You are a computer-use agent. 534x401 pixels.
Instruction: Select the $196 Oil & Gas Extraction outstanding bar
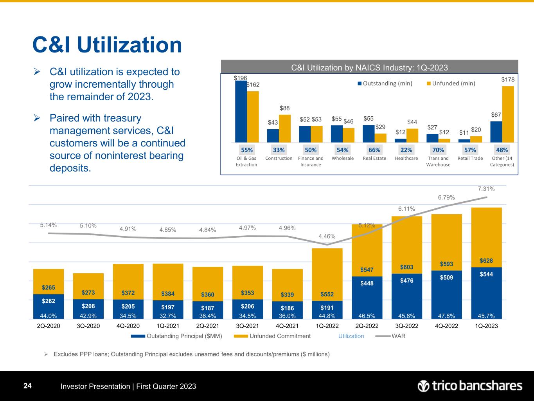(241, 112)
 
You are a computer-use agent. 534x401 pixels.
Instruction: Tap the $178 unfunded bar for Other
(508, 114)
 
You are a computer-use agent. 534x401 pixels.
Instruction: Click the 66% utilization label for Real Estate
(374, 150)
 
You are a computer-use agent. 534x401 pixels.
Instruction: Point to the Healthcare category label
(406, 158)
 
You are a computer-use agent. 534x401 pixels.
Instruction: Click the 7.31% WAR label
(486, 189)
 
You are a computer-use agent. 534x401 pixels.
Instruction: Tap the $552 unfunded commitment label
(327, 294)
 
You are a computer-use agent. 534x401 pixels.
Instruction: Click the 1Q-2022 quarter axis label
(327, 326)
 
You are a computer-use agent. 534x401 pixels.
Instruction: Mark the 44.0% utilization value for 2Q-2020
(49, 315)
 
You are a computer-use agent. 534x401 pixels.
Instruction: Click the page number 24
(27, 386)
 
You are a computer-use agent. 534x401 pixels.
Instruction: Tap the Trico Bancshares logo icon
(424, 386)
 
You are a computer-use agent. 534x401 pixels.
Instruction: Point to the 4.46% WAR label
(327, 236)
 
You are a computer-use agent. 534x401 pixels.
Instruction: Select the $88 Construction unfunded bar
(285, 128)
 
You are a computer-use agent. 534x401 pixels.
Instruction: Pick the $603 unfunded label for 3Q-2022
(406, 267)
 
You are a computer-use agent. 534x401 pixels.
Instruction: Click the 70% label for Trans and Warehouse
(438, 150)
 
